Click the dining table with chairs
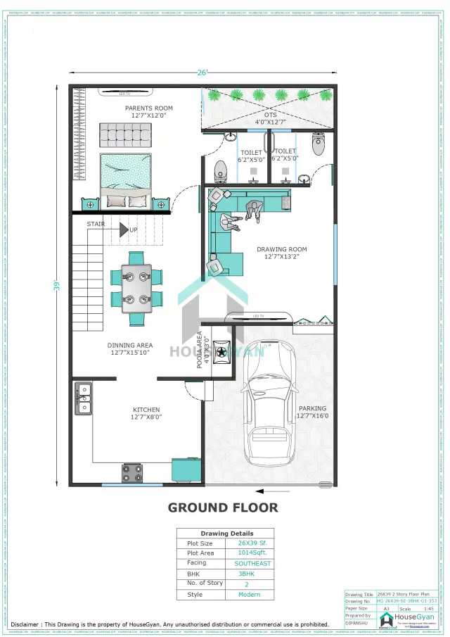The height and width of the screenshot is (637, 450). [136, 288]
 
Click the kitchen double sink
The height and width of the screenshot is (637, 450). [83, 398]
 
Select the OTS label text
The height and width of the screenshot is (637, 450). [271, 114]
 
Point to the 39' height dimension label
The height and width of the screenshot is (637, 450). [57, 285]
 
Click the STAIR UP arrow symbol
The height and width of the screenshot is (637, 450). [124, 229]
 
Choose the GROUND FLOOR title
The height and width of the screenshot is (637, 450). [222, 507]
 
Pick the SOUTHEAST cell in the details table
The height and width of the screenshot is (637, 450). [252, 563]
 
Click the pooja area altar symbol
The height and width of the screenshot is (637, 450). [222, 352]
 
